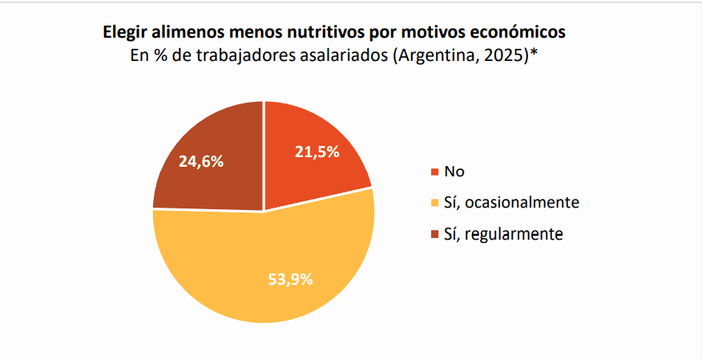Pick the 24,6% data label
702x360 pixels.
click(201, 161)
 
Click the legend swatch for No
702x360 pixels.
click(435, 172)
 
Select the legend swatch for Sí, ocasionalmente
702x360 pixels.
click(435, 203)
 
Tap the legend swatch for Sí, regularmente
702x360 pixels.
click(435, 234)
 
